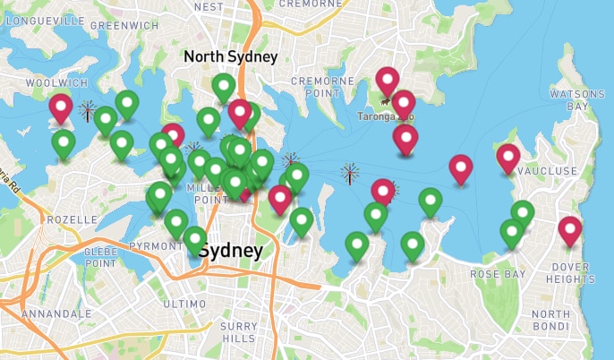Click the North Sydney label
(x=231, y=56)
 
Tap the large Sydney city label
(x=231, y=251)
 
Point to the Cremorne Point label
(x=322, y=87)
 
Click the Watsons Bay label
(x=570, y=99)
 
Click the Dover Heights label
(x=571, y=272)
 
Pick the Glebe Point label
(x=99, y=257)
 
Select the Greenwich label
(x=111, y=26)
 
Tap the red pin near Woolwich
(x=61, y=107)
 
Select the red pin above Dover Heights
(x=570, y=230)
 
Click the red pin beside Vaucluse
(x=508, y=158)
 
